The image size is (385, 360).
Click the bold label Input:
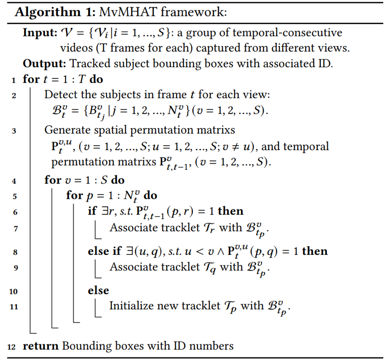pos(39,33)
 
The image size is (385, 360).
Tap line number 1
pos(14,80)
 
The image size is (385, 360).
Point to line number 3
pos(14,131)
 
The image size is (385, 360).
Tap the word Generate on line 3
pos(65,130)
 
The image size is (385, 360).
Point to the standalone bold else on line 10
pos(98,290)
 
